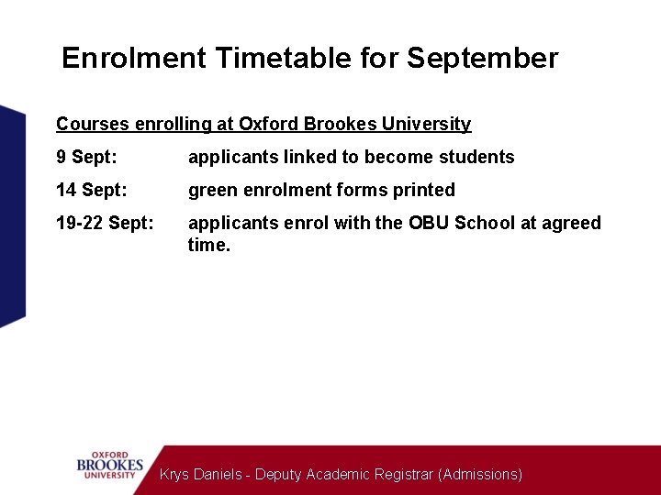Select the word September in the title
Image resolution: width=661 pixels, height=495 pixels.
482,59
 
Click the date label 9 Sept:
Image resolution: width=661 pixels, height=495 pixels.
86,157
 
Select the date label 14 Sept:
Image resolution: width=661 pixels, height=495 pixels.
91,190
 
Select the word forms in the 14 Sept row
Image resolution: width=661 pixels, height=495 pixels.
364,190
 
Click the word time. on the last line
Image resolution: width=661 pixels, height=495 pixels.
208,245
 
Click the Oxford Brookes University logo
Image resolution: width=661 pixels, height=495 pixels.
110,465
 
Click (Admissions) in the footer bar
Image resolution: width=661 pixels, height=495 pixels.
480,474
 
